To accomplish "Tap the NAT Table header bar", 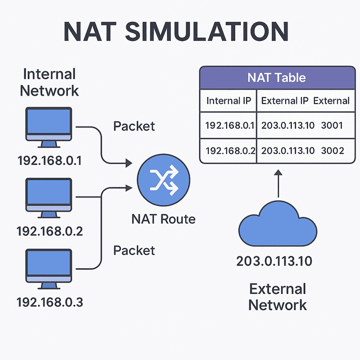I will [277, 78].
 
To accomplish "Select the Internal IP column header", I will [229, 101].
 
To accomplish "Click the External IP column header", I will [285, 101].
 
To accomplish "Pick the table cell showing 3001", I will [332, 126].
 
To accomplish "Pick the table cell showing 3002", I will [333, 150].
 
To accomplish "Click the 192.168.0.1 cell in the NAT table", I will [229, 126].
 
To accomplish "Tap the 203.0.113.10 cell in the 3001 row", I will [287, 126].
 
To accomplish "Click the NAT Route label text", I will [163, 219].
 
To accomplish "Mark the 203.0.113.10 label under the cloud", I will [274, 261].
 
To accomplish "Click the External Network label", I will [277, 297].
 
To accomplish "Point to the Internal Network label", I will [50, 82].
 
